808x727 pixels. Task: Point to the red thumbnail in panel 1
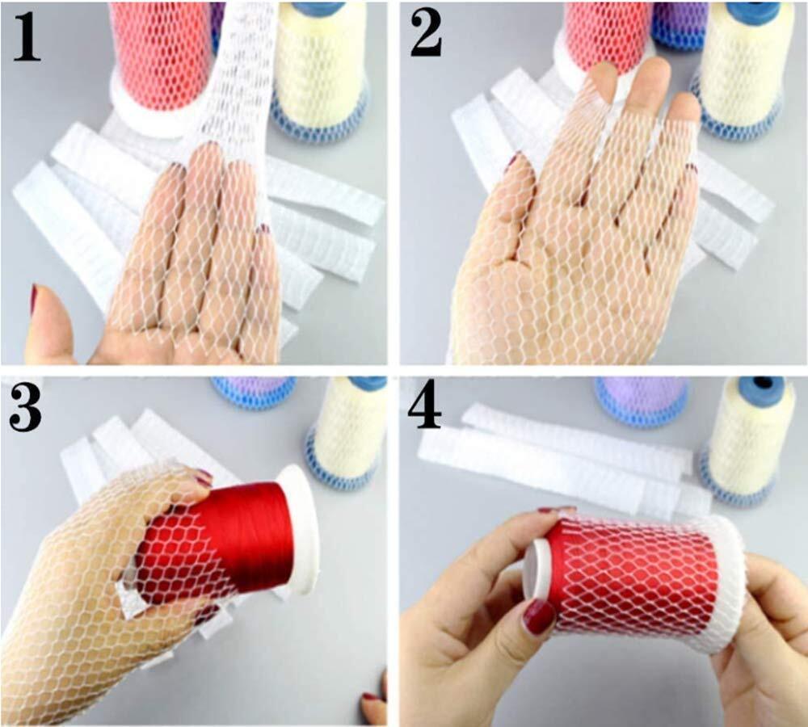click(33, 297)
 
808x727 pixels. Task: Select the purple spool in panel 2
click(680, 24)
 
